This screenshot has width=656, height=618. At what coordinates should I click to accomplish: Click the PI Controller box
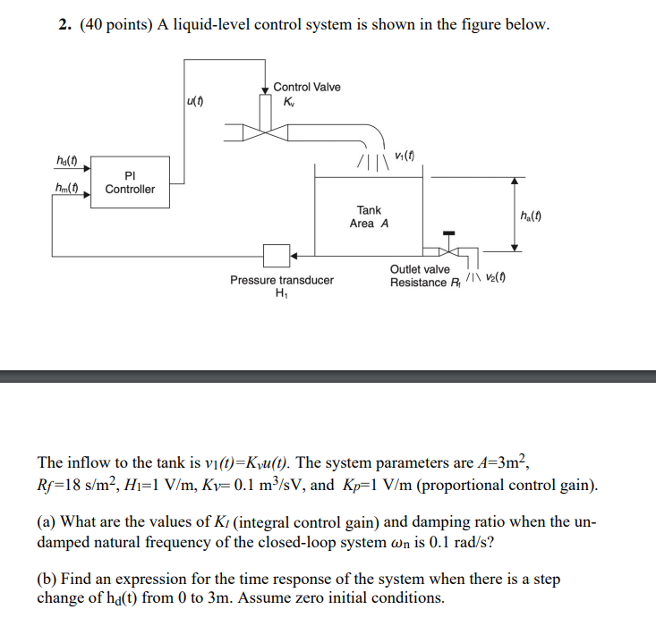130,182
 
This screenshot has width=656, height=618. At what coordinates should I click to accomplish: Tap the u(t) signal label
195,101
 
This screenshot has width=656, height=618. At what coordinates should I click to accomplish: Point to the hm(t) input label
68,190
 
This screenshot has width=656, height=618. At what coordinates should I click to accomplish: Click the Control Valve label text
306,87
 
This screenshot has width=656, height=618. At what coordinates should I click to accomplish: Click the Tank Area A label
369,216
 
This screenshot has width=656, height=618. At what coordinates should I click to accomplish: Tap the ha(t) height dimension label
535,216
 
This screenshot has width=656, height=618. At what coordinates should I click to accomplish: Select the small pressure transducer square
275,256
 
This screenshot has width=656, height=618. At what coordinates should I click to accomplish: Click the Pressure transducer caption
281,280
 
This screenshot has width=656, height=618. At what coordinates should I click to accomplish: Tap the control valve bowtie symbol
264,133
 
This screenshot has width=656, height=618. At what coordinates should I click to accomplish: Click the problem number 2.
64,24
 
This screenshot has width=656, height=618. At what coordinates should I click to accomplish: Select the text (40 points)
116,24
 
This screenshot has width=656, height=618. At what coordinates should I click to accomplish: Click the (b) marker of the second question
47,580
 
